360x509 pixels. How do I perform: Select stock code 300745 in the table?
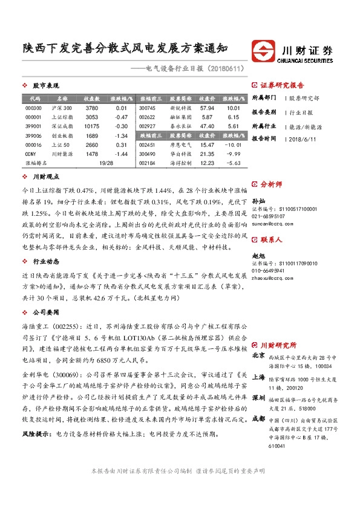tap(147, 108)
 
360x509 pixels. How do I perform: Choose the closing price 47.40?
tap(208, 126)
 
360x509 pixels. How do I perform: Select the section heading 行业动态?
tap(45, 262)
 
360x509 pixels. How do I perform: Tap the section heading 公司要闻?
tap(45, 313)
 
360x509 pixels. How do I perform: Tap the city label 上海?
tap(258, 376)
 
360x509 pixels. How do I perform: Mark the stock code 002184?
tap(147, 163)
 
